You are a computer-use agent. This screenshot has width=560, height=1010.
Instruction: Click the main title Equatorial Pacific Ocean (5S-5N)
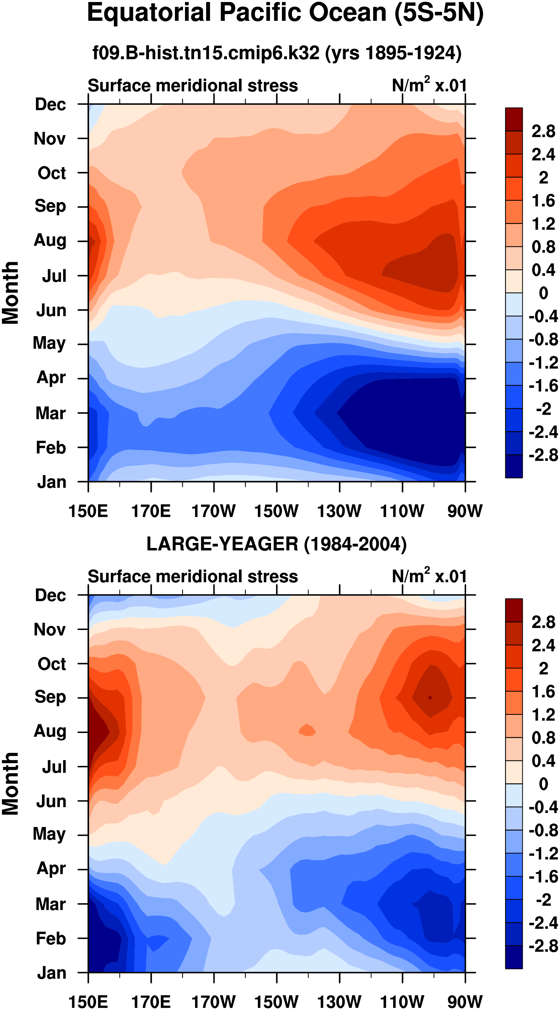point(285,13)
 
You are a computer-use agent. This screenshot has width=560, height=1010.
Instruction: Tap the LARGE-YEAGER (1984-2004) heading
point(276,544)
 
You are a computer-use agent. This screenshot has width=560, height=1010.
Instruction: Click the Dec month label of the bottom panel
point(50,595)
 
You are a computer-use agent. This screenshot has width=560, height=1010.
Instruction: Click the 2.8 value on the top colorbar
point(543,131)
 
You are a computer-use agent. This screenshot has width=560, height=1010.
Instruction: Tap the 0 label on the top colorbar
point(543,293)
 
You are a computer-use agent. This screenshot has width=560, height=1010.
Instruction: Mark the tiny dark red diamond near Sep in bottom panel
point(430,697)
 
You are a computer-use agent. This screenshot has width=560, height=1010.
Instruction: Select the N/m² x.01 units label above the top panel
point(429,85)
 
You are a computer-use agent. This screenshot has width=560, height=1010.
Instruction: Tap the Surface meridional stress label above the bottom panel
point(193,577)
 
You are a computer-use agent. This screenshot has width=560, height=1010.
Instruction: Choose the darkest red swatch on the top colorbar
point(514,119)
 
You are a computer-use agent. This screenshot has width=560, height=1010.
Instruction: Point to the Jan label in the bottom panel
point(52,973)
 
